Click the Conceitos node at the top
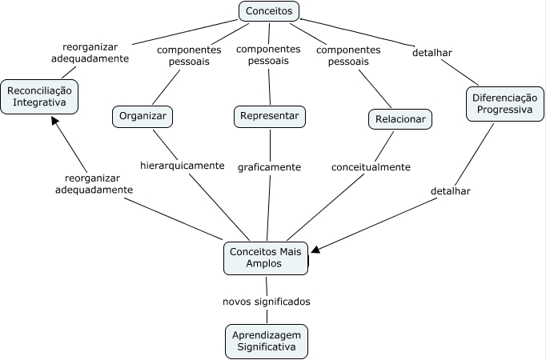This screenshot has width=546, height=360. pos(269,11)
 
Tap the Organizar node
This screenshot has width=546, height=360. pos(143,117)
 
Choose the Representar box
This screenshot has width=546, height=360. pos(270,116)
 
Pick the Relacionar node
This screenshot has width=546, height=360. pos(399,119)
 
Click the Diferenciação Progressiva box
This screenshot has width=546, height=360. pos(500,104)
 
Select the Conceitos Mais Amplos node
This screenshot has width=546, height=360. pos(265,257)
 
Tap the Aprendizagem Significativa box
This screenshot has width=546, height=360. pos(267,341)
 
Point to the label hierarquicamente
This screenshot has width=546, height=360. pos(183,166)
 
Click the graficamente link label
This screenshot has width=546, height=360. pos(269,167)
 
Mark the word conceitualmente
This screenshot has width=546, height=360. pos(371,167)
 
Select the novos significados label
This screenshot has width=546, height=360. pos(267,302)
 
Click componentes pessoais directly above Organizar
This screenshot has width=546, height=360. pos(190,55)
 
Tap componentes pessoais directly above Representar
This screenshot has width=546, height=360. pos(269,54)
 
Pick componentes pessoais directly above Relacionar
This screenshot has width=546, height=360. pos(349,55)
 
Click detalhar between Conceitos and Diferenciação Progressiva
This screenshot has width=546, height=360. pos(432,53)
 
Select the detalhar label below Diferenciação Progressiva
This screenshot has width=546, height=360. pos(450,191)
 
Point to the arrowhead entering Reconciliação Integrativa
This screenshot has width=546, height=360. pos(54,122)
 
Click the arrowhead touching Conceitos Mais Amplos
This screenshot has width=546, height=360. pos(315,250)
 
